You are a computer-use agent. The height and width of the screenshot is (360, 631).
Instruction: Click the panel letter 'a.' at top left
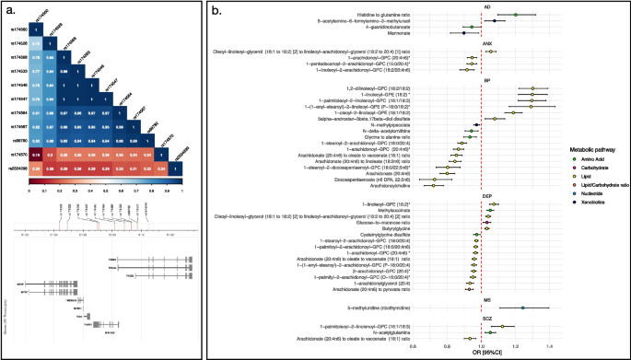(8, 10)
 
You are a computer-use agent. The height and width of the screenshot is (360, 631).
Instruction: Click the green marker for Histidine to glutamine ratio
(515, 15)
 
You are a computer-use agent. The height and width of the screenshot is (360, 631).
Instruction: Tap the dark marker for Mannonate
(464, 33)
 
